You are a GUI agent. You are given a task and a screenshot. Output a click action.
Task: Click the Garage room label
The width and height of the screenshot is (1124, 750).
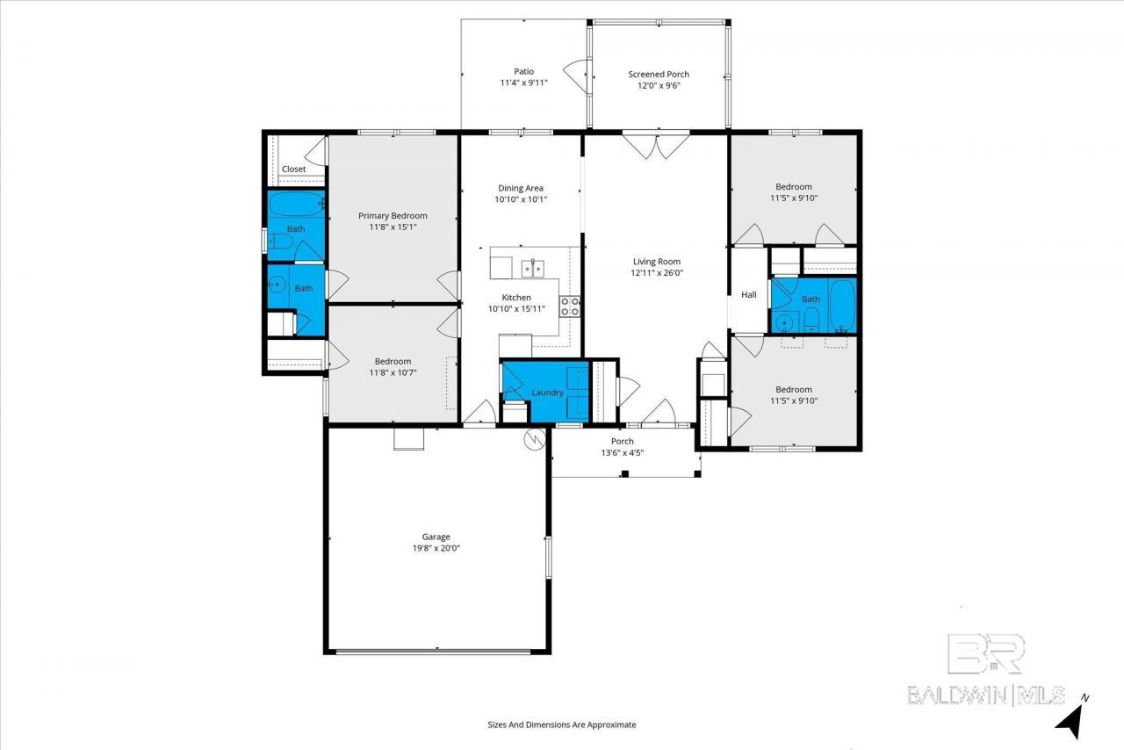pyautogui.click(x=436, y=537)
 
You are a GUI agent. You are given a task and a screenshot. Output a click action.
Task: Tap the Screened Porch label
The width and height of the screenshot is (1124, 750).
pyautogui.click(x=659, y=75)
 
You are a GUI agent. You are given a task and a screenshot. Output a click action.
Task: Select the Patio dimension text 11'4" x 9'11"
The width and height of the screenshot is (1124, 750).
pyautogui.click(x=523, y=83)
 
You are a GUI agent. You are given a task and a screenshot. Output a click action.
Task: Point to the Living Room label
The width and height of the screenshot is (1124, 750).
pyautogui.click(x=656, y=262)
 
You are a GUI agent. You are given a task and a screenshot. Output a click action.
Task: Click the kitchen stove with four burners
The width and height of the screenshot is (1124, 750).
pyautogui.click(x=570, y=306)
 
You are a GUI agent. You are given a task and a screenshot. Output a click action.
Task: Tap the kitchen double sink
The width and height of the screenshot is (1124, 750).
pyautogui.click(x=532, y=268)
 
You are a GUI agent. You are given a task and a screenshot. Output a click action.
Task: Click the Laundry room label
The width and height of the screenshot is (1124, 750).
pyautogui.click(x=547, y=393)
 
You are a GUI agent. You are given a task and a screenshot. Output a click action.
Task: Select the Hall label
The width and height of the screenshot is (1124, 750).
pyautogui.click(x=749, y=295)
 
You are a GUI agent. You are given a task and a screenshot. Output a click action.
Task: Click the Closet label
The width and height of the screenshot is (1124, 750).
pyautogui.click(x=293, y=169)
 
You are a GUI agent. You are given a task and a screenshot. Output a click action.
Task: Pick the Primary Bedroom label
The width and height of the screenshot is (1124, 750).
pyautogui.click(x=393, y=216)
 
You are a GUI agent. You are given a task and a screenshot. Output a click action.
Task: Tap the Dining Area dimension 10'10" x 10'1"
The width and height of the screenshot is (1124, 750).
pyautogui.click(x=521, y=199)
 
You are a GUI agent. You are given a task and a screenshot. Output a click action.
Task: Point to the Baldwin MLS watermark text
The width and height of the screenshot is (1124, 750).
pyautogui.click(x=986, y=696)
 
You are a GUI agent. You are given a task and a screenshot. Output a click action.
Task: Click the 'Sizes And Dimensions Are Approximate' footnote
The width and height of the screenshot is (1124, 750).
pyautogui.click(x=561, y=725)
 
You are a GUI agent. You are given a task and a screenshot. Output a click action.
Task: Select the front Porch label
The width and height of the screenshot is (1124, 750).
pyautogui.click(x=623, y=441)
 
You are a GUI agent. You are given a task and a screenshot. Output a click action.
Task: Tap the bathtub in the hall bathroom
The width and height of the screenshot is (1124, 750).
pyautogui.click(x=842, y=306)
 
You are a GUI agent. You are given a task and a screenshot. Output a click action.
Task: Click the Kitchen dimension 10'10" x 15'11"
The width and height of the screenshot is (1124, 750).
pyautogui.click(x=516, y=309)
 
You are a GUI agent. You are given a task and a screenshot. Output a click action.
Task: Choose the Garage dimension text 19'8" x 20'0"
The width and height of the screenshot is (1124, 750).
pyautogui.click(x=436, y=548)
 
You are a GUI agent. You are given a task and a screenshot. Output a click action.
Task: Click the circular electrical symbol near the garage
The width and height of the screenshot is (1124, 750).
pyautogui.click(x=535, y=439)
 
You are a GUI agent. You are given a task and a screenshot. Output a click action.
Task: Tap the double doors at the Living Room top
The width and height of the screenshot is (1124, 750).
pyautogui.click(x=656, y=145)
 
